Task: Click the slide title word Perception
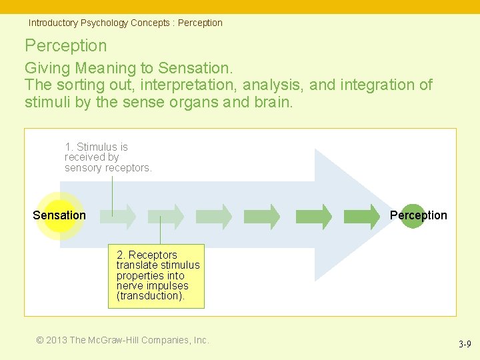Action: tap(65, 45)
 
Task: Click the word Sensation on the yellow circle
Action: tap(59, 215)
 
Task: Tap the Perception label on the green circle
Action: tap(418, 215)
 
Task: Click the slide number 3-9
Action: tap(465, 344)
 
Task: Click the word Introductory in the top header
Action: tap(53, 23)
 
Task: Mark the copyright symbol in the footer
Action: tap(40, 340)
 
